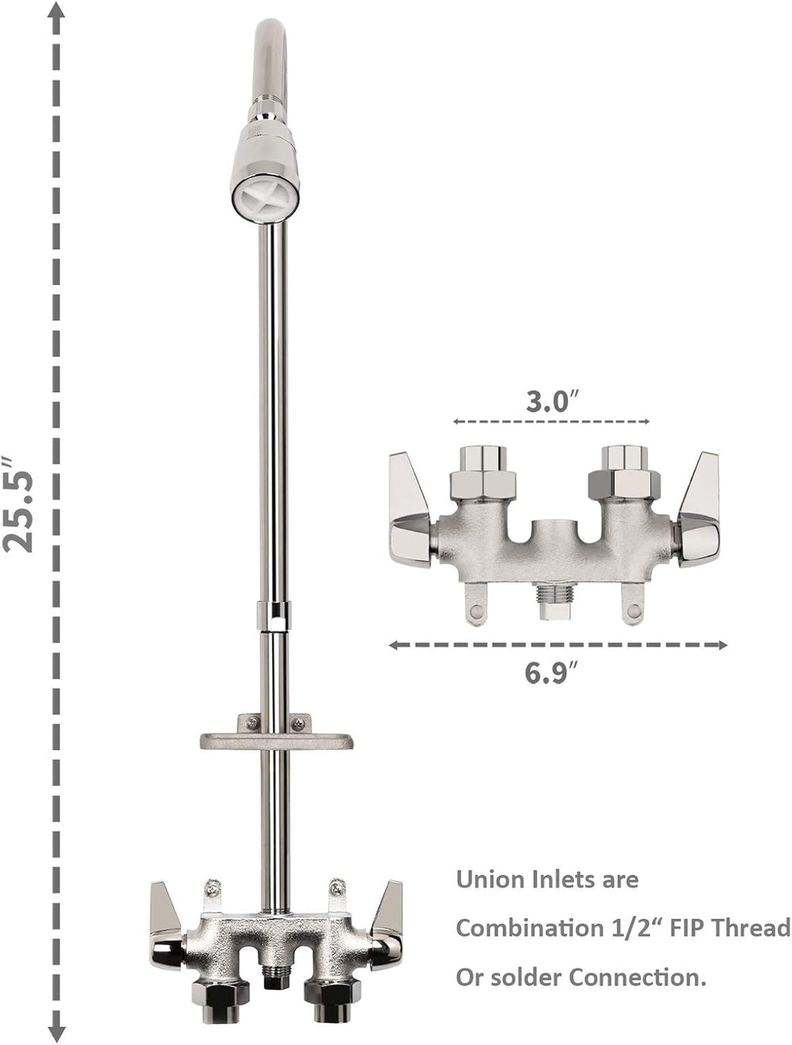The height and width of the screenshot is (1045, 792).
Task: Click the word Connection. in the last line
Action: [639, 977]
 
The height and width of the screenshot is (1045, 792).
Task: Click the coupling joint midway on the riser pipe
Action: [275, 616]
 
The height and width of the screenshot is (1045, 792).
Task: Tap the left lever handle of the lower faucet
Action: [163, 928]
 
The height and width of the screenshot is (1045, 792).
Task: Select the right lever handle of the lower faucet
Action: [386, 928]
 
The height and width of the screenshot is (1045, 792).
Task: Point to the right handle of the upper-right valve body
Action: [700, 511]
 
